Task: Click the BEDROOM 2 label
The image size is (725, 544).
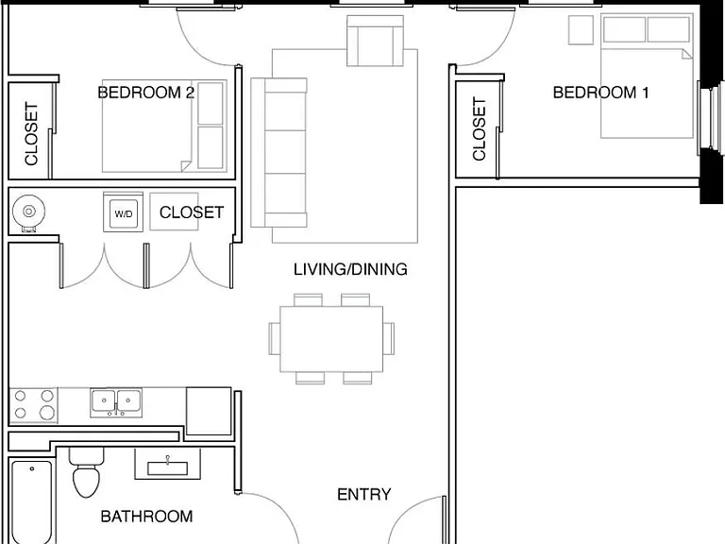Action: (x=145, y=93)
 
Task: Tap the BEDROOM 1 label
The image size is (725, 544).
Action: (x=600, y=93)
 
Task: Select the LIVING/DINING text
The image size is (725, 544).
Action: (x=350, y=269)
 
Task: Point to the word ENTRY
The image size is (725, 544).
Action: (x=363, y=495)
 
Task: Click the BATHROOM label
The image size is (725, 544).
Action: (x=146, y=517)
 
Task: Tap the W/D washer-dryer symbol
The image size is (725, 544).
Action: (x=123, y=213)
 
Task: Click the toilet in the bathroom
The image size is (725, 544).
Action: (x=87, y=472)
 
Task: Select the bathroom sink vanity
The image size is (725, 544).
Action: (x=167, y=464)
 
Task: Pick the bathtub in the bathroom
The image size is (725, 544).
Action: (x=31, y=501)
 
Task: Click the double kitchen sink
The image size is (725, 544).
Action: (x=116, y=402)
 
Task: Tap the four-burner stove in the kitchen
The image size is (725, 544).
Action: (x=33, y=405)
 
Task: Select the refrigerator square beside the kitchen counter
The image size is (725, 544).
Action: (x=209, y=411)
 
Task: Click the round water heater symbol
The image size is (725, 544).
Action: (x=28, y=212)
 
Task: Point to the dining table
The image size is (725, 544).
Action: (x=331, y=339)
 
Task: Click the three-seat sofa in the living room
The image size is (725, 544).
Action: (x=278, y=153)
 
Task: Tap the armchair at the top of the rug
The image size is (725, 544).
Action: (x=376, y=41)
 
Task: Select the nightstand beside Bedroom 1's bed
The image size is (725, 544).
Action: (x=581, y=30)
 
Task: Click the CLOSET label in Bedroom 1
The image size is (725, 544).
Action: (x=479, y=129)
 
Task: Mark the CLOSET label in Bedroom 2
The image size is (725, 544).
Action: (x=31, y=134)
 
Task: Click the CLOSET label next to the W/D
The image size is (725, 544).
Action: (x=192, y=212)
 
